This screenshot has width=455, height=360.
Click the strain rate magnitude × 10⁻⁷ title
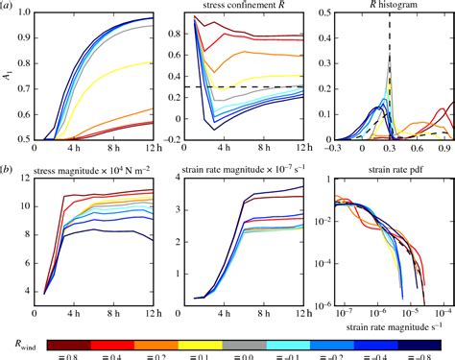(233, 173)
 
